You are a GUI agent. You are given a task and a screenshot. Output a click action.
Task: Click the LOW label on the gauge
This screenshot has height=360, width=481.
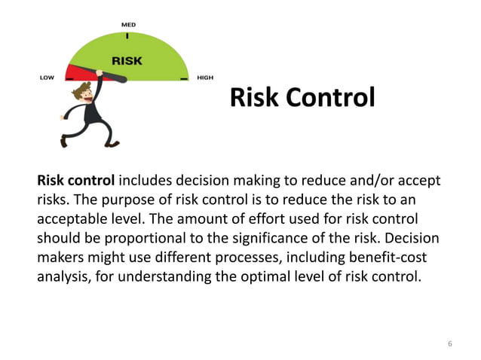point(47,78)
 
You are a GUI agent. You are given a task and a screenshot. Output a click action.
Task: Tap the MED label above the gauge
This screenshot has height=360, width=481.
point(129,25)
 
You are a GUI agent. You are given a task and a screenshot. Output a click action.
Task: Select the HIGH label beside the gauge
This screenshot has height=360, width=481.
point(204,78)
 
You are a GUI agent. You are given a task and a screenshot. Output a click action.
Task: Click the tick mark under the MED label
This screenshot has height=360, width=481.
point(128,34)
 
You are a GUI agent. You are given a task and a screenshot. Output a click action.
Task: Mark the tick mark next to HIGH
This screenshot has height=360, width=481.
point(183,78)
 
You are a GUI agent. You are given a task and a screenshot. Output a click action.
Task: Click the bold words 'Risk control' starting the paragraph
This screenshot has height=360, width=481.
point(76,181)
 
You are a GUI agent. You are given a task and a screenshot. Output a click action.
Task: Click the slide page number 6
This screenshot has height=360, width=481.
point(450,344)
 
